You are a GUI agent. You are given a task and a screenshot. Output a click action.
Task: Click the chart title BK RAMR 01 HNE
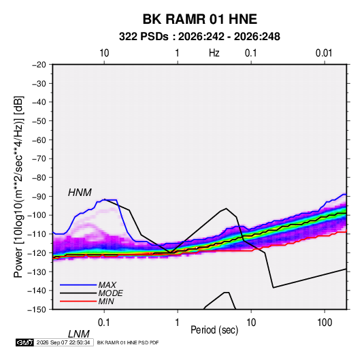(199, 19)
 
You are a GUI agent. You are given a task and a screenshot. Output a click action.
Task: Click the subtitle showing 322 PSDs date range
(199, 37)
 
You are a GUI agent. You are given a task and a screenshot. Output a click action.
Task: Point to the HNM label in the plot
(80, 193)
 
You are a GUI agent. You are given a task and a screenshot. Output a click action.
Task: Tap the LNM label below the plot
(79, 334)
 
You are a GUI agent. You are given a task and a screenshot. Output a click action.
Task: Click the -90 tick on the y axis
(39, 197)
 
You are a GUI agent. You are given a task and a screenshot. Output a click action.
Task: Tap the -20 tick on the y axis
(39, 65)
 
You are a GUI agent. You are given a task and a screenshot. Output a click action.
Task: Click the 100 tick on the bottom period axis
(325, 323)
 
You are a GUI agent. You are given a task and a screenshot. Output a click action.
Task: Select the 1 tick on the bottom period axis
(177, 323)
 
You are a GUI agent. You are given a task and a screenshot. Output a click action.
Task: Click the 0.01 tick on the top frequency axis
(324, 53)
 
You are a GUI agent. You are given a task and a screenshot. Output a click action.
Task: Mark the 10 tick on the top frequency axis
(104, 53)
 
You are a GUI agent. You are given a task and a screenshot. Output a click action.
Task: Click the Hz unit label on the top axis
(214, 53)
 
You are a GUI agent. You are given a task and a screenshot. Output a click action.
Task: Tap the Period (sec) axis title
(214, 330)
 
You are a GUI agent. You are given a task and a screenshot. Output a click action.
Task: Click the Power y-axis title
(18, 187)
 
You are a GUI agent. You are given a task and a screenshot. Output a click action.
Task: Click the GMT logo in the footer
(25, 342)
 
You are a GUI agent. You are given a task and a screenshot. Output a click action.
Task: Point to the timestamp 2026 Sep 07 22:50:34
(63, 342)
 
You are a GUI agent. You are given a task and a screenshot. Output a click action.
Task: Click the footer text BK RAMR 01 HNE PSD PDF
(128, 342)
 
